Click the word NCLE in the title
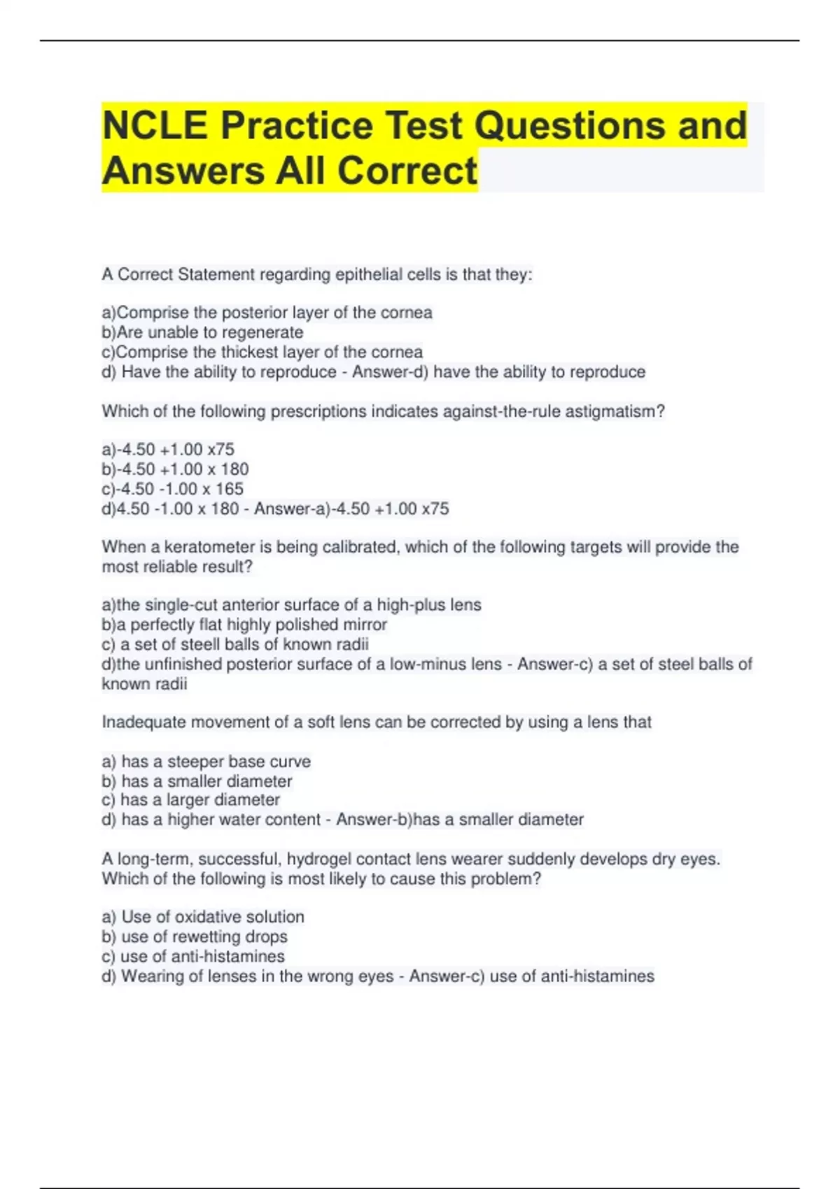pos(155,126)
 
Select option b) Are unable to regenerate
pos(202,332)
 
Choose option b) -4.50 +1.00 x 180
pos(175,469)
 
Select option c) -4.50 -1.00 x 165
pos(172,489)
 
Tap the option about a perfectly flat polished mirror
pos(244,625)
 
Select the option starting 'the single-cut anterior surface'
pos(291,605)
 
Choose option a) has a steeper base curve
pos(206,762)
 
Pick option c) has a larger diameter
pos(190,800)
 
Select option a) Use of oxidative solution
pos(203,917)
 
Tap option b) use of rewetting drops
pos(195,937)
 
